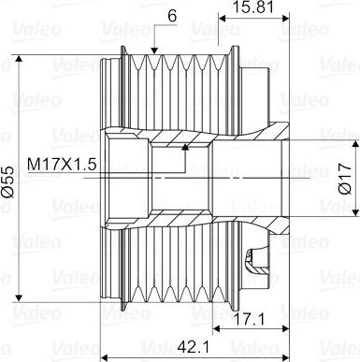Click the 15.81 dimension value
253,7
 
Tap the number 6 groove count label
172,16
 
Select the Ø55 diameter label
7,181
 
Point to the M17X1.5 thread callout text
62,165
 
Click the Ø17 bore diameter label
345,179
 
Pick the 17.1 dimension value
249,319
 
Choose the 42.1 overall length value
194,347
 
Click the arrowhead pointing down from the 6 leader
154,50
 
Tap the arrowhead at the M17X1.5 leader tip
185,147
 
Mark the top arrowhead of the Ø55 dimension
20,59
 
